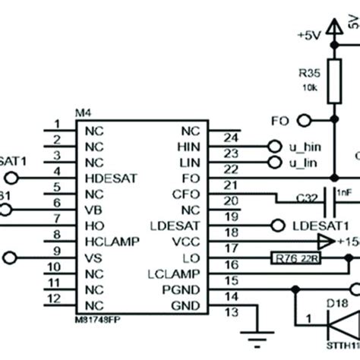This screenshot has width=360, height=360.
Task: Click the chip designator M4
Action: pyautogui.click(x=84, y=113)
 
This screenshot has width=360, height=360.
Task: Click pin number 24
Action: pyautogui.click(x=232, y=138)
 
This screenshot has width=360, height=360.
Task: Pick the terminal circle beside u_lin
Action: pyautogui.click(x=273, y=162)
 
